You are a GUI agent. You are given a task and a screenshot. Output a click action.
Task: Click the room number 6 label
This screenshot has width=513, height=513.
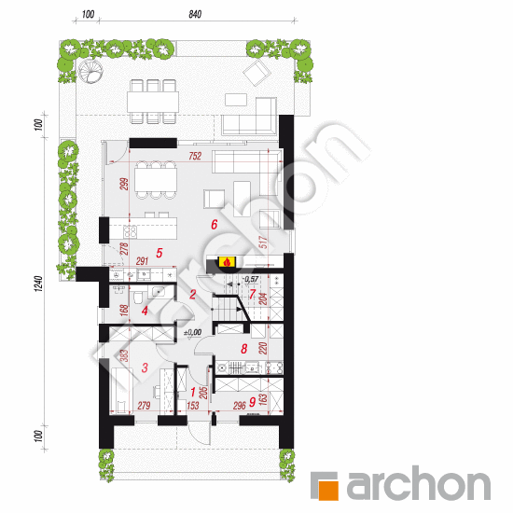(x=214, y=225)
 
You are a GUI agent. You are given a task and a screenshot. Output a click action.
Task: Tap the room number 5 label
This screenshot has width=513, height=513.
(x=159, y=253)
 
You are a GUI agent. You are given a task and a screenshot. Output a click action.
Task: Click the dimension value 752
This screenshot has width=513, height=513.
(x=196, y=157)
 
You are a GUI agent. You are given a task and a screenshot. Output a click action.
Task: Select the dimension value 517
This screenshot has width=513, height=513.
(x=289, y=242)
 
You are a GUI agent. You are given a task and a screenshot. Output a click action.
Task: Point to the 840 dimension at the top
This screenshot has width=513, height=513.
(x=195, y=15)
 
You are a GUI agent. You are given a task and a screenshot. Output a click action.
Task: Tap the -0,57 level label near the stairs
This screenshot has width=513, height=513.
(x=251, y=279)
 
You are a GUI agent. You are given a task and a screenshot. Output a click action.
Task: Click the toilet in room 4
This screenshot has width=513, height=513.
(x=136, y=298)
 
